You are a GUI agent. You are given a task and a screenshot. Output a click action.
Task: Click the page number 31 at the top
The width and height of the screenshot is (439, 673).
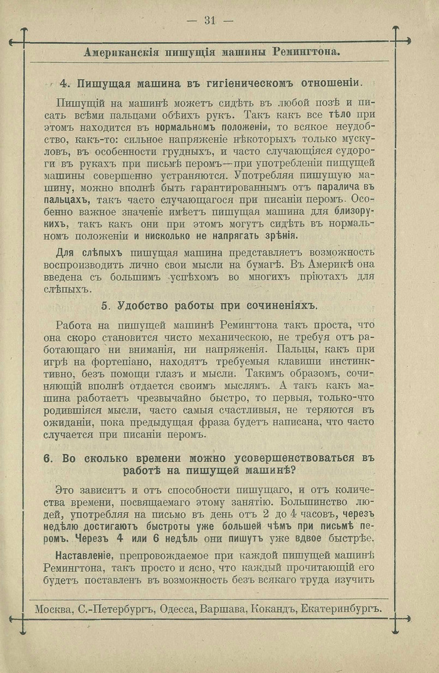[x=209, y=20]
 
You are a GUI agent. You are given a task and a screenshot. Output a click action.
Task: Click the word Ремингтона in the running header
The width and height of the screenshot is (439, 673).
[x=307, y=53]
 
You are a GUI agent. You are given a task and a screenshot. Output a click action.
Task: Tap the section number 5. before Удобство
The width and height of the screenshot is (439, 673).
[x=106, y=305]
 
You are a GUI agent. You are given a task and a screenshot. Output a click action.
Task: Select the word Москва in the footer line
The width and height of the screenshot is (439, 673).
[x=53, y=608]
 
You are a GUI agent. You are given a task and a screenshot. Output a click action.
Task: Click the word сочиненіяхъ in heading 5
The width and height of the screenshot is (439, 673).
[x=279, y=305]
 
